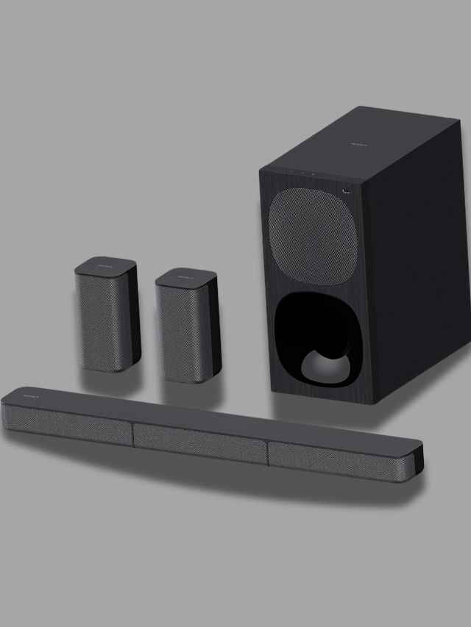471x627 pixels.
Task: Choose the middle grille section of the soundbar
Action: pos(200,443)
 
